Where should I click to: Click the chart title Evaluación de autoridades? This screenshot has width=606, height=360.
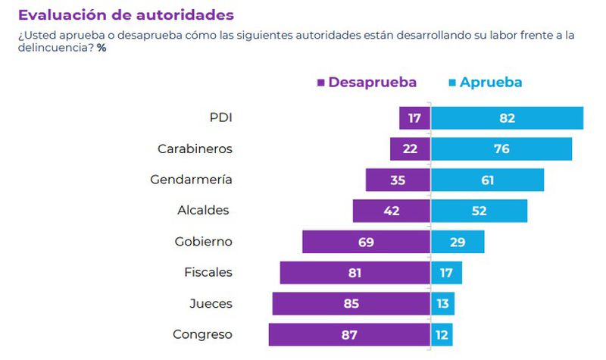pyautogui.click(x=125, y=14)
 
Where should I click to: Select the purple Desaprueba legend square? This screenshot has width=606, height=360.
pyautogui.click(x=321, y=83)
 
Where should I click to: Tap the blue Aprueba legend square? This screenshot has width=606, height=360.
pyautogui.click(x=452, y=83)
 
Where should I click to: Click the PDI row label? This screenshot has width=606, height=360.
pyautogui.click(x=220, y=117)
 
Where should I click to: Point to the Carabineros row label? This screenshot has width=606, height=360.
pyautogui.click(x=195, y=149)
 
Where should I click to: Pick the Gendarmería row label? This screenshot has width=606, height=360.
pyautogui.click(x=191, y=180)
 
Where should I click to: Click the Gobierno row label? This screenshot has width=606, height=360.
pyautogui.click(x=202, y=242)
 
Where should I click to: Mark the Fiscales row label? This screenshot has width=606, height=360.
pyautogui.click(x=208, y=272)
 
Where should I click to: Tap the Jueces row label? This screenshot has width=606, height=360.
pyautogui.click(x=211, y=303)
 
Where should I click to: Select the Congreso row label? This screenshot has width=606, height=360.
pyautogui.click(x=202, y=334)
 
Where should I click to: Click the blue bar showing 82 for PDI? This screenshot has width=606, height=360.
pyautogui.click(x=507, y=118)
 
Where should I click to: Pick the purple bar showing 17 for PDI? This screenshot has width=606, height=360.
pyautogui.click(x=415, y=118)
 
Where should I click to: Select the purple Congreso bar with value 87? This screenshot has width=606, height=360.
pyautogui.click(x=349, y=334)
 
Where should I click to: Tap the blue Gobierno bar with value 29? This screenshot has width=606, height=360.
pyautogui.click(x=458, y=242)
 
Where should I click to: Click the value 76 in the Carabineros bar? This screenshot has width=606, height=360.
pyautogui.click(x=501, y=149)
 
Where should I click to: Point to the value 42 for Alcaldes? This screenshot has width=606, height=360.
pyautogui.click(x=392, y=211)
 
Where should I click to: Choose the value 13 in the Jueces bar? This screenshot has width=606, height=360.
pyautogui.click(x=442, y=303)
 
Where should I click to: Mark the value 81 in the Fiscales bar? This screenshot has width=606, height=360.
pyautogui.click(x=355, y=273)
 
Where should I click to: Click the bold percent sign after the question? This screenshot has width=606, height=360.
pyautogui.click(x=101, y=48)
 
